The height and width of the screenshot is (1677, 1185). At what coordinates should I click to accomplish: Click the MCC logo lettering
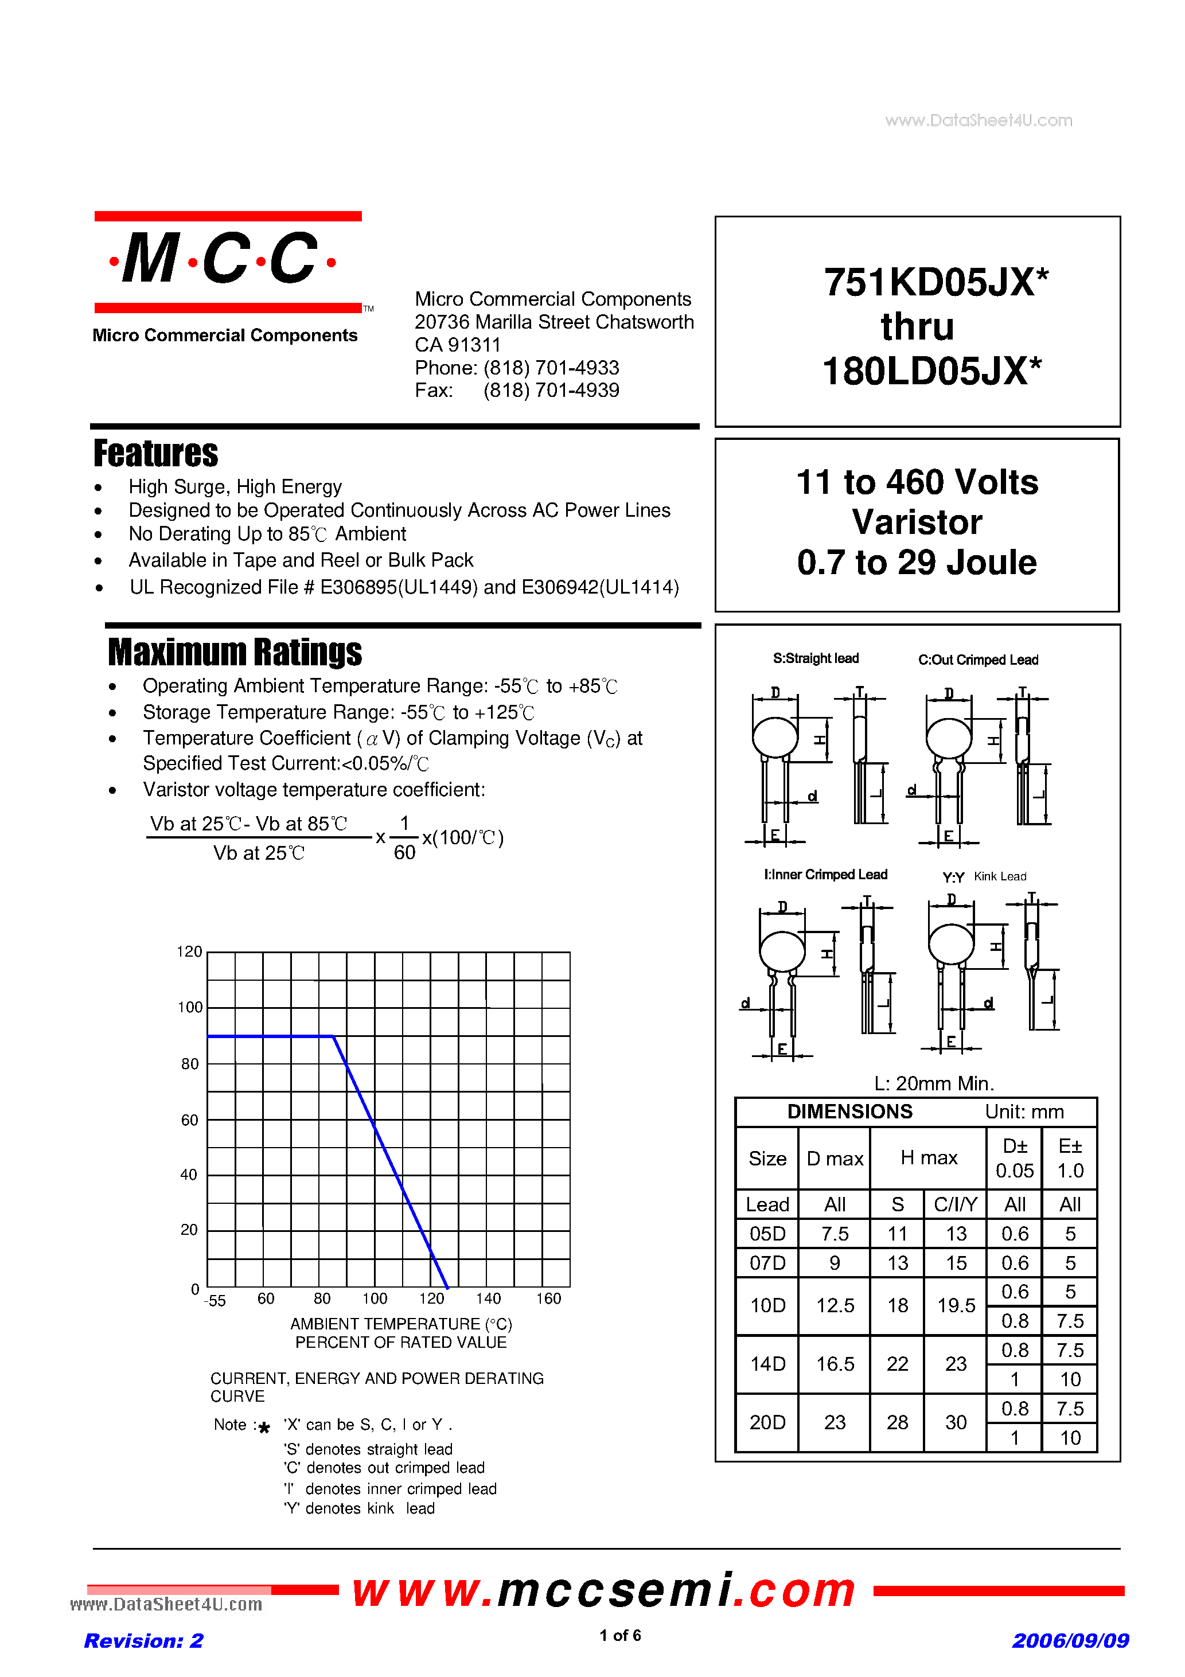point(221,259)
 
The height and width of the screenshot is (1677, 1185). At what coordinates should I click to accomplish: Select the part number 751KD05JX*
point(935,282)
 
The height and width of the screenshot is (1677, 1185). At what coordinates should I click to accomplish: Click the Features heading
point(155,453)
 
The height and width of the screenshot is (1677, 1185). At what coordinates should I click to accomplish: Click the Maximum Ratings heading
point(235,652)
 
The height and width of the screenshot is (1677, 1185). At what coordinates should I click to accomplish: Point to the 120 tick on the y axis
point(189,951)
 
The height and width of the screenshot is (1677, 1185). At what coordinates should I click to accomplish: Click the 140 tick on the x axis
point(488,1298)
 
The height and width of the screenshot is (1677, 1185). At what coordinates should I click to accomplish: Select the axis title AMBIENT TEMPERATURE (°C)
point(400,1324)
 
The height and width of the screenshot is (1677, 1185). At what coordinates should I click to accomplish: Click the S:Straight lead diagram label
point(815,658)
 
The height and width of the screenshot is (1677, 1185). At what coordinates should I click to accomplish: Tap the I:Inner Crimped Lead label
point(825,874)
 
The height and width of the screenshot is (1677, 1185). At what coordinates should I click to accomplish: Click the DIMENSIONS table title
point(849,1111)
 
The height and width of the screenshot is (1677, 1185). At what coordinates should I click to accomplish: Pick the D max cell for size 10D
point(835,1305)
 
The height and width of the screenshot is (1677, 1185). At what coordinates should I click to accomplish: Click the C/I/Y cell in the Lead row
point(955,1204)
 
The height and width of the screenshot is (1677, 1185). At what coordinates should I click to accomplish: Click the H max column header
point(928,1158)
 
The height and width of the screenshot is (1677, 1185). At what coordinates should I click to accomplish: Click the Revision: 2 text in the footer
point(143,1640)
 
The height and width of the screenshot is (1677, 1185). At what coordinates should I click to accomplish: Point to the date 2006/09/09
point(1070,1640)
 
